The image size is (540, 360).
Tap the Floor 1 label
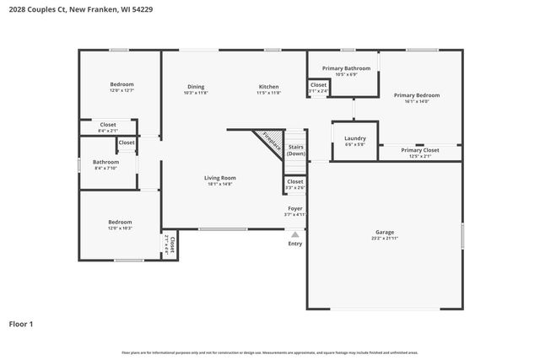(21, 323)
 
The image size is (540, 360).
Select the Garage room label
(385, 232)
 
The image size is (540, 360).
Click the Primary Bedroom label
(417, 95)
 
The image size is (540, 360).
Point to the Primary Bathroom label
(346, 67)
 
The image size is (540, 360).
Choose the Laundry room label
(354, 137)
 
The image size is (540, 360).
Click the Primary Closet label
(419, 150)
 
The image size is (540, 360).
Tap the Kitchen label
(268, 87)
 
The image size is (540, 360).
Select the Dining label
(195, 87)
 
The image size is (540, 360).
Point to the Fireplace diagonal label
(270, 141)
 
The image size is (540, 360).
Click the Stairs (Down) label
(295, 150)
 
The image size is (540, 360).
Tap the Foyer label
(295, 207)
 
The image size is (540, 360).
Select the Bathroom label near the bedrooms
(105, 161)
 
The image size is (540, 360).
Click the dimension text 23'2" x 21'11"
(385, 239)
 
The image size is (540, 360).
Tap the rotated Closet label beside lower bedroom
(171, 244)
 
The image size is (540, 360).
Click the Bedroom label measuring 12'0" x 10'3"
(120, 222)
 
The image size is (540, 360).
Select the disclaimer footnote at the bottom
(270, 352)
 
